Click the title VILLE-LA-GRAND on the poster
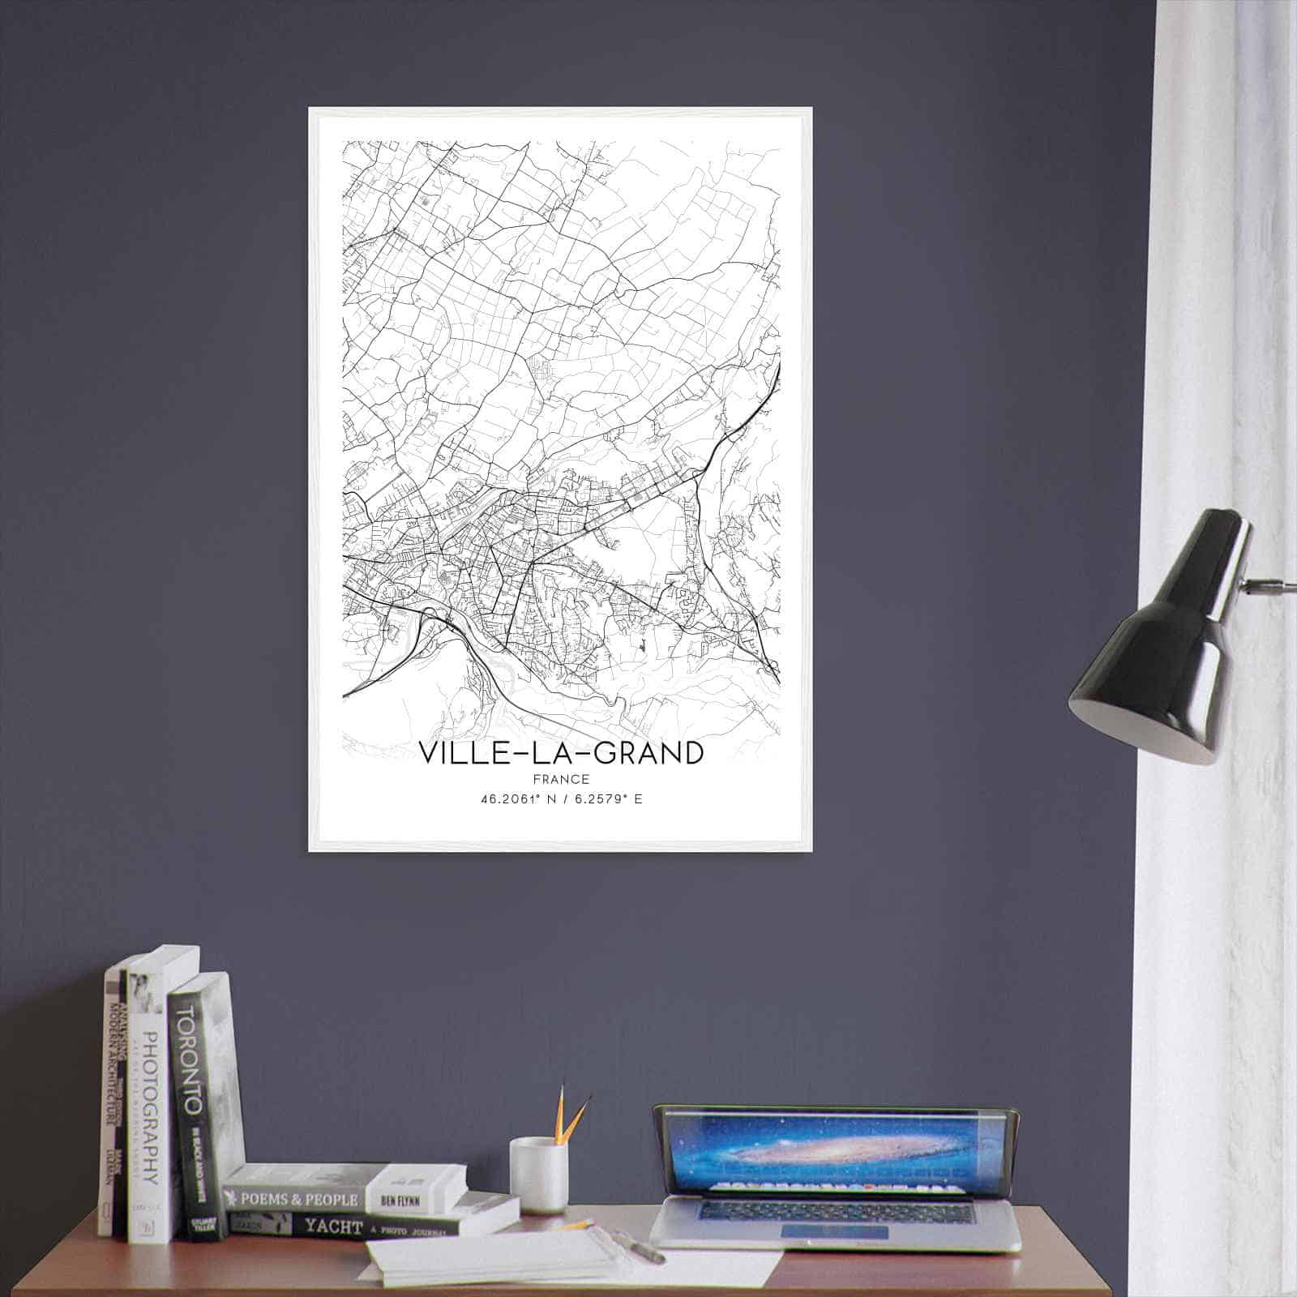(561, 753)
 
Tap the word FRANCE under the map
(561, 779)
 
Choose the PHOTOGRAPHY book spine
(147, 1111)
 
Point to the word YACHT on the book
(332, 1227)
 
